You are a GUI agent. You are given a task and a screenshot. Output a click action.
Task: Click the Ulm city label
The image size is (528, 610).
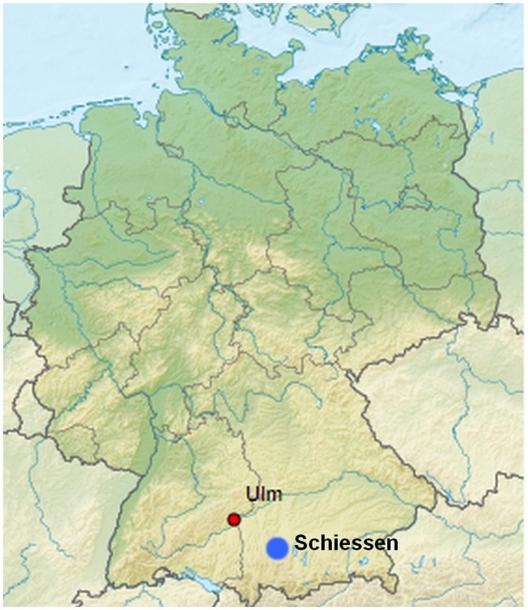click(260, 495)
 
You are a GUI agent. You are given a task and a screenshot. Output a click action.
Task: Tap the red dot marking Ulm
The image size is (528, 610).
click(234, 519)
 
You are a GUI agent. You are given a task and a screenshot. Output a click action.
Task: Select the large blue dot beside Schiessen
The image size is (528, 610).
click(277, 548)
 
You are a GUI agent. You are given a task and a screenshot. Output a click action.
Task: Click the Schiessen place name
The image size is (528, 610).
click(346, 542)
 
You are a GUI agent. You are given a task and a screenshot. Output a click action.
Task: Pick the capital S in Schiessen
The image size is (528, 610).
click(300, 542)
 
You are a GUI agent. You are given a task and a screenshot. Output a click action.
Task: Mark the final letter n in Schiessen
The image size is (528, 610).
click(393, 543)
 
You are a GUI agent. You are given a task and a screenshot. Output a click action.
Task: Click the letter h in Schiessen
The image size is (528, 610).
click(319, 542)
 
